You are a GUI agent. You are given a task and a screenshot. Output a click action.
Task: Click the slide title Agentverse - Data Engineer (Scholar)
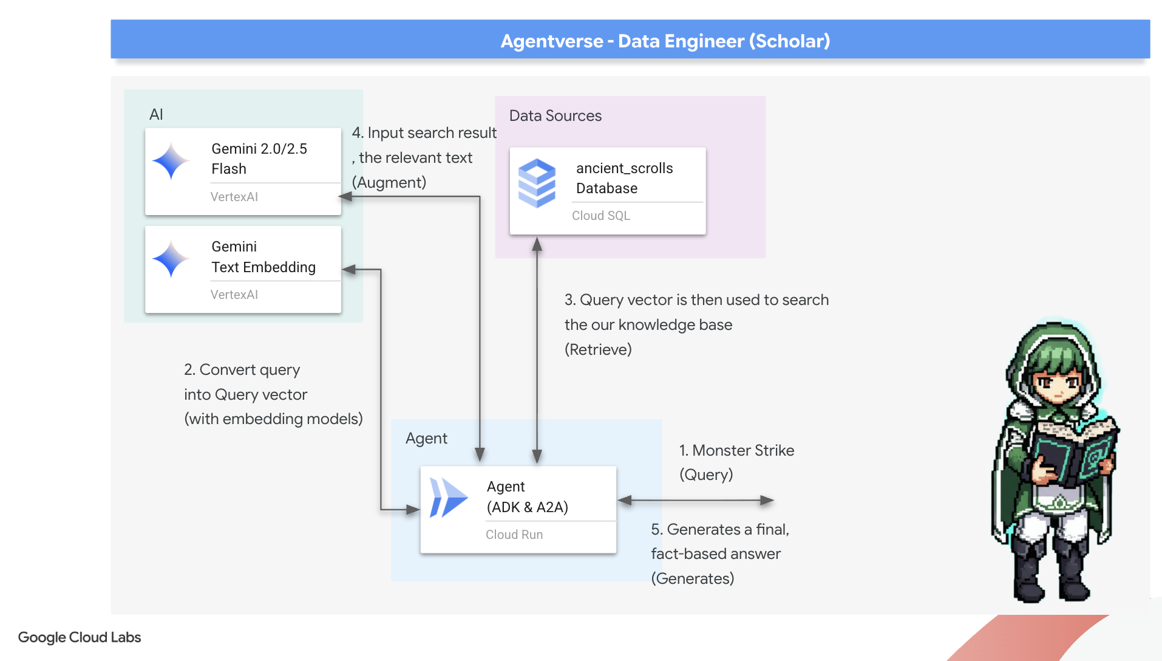pyautogui.click(x=665, y=41)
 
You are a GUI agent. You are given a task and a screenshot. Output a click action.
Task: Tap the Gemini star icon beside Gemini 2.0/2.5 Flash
pyautogui.click(x=171, y=161)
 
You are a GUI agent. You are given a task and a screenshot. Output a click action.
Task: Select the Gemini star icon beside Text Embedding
pyautogui.click(x=171, y=259)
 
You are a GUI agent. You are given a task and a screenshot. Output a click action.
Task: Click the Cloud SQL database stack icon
pyautogui.click(x=537, y=183)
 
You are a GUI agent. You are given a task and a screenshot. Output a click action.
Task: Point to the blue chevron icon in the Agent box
pyautogui.click(x=448, y=498)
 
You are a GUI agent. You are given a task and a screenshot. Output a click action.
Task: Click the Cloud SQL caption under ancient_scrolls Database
pyautogui.click(x=600, y=216)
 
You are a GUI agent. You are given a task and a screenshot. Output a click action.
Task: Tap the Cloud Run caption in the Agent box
pyautogui.click(x=514, y=535)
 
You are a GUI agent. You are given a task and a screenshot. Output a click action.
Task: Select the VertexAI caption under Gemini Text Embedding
pyautogui.click(x=234, y=295)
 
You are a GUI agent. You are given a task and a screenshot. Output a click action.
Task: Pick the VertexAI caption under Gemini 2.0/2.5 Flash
pyautogui.click(x=234, y=197)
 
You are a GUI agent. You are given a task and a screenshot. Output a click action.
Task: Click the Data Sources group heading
pyautogui.click(x=555, y=116)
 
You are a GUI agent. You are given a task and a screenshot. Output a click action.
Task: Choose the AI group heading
pyautogui.click(x=156, y=114)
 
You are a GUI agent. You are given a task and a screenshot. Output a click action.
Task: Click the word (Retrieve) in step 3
pyautogui.click(x=598, y=350)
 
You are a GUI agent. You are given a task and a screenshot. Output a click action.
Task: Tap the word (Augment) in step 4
pyautogui.click(x=389, y=182)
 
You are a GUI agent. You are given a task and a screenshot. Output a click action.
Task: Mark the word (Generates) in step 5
pyautogui.click(x=692, y=578)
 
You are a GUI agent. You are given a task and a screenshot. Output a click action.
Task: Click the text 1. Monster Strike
pyautogui.click(x=736, y=450)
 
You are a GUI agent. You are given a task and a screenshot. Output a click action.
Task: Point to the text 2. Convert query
pyautogui.click(x=242, y=369)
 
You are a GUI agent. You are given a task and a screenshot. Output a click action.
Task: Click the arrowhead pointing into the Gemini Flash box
pyautogui.click(x=345, y=197)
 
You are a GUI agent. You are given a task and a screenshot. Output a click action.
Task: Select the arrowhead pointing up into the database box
pyautogui.click(x=537, y=244)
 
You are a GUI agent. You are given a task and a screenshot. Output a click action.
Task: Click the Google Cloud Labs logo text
pyautogui.click(x=80, y=637)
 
